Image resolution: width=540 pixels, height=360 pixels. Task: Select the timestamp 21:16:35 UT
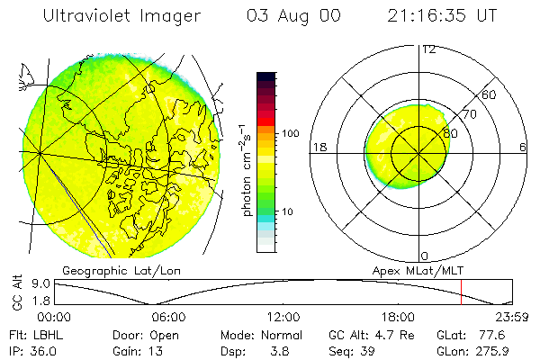point(442,16)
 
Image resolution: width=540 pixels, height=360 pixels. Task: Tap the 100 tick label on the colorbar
point(292,133)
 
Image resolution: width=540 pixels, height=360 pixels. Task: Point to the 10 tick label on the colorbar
point(289,212)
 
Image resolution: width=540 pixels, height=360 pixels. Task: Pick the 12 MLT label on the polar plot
point(429,49)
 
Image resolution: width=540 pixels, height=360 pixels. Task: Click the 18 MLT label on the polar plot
point(318,148)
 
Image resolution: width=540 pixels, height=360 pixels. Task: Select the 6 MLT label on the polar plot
point(523,148)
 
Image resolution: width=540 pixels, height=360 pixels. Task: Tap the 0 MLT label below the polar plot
point(425,256)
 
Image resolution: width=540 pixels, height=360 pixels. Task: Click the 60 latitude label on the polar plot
point(490,94)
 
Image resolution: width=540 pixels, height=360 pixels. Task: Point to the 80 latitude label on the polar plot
point(451,132)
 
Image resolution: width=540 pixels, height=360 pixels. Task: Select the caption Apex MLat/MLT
point(413,270)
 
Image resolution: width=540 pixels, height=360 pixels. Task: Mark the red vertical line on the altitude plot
point(461,293)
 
